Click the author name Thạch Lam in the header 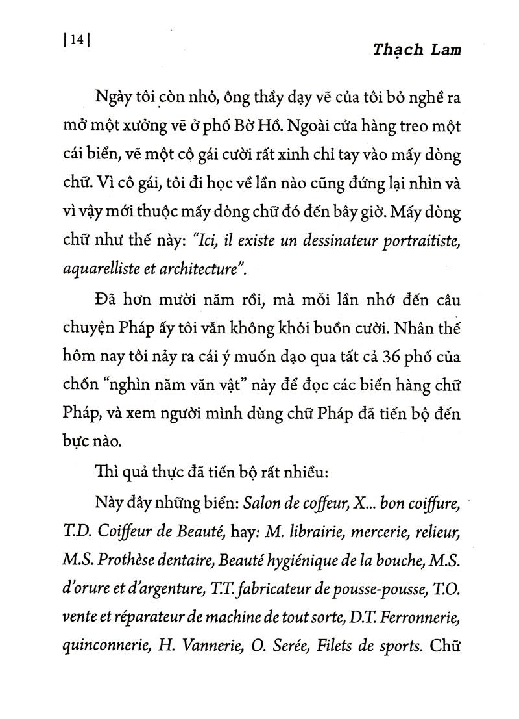point(416,51)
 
